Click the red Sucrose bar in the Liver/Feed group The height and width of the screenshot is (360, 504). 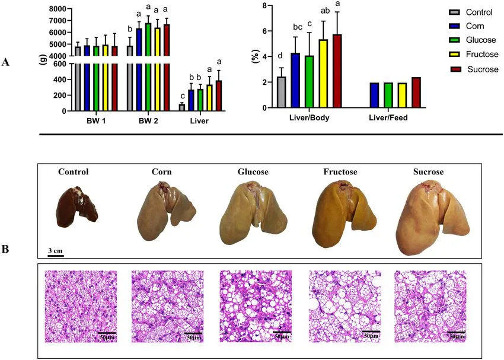tap(416, 93)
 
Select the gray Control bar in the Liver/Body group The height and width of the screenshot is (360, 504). tap(282, 93)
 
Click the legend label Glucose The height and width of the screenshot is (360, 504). tap(481, 40)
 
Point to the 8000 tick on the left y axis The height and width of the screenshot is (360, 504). tap(58, 9)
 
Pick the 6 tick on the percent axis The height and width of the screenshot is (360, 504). tap(256, 31)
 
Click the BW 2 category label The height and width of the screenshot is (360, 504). tap(148, 121)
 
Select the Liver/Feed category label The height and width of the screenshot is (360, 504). tap(388, 117)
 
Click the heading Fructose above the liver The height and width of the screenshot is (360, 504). tap(340, 172)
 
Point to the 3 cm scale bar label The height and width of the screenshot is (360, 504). tap(56, 250)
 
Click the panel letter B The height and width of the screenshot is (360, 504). tap(5, 249)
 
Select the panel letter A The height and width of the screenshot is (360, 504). tap(5, 62)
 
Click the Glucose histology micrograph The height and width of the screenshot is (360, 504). tap(256, 306)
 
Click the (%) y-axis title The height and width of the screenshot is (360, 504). tap(256, 56)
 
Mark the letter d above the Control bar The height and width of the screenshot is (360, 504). tap(280, 56)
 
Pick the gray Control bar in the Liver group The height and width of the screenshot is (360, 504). tap(182, 107)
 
